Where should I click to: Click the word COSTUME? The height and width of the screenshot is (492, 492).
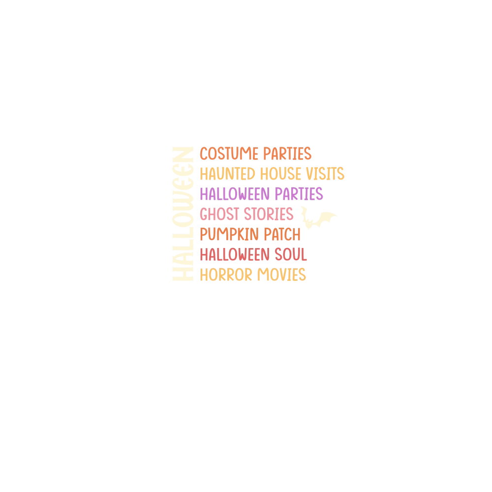229,154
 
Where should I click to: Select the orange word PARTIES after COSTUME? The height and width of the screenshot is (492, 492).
287,154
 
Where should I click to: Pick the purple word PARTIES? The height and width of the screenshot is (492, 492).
299,194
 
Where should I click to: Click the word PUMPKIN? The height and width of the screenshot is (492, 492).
229,235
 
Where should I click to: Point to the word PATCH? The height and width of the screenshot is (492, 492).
281,235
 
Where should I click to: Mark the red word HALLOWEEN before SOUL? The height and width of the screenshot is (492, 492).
235,255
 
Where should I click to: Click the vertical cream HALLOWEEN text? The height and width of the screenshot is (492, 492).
182,214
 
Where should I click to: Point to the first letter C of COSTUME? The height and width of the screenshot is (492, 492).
204,154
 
